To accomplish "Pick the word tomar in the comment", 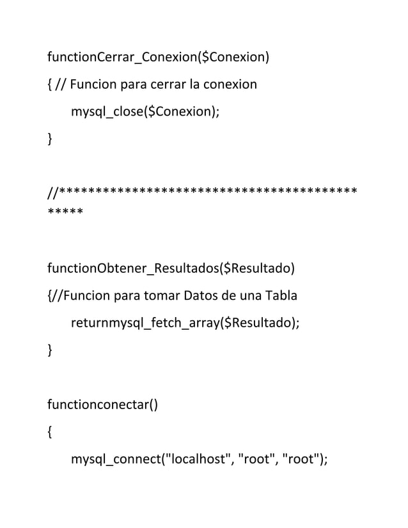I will tap(164, 296).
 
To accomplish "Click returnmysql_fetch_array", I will tap(145, 323).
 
